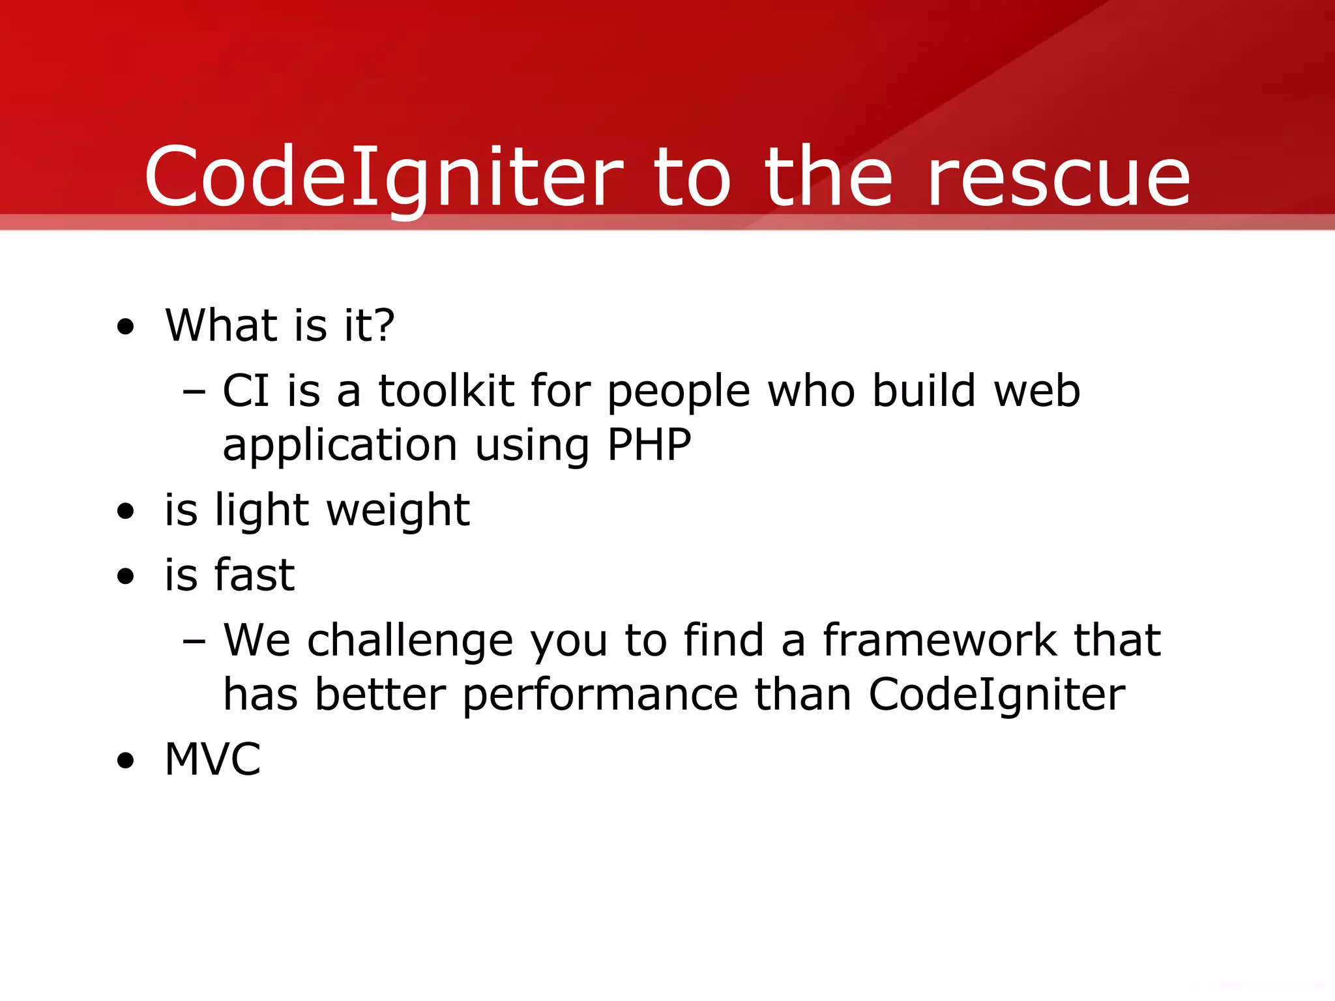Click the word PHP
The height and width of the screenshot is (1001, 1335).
(649, 445)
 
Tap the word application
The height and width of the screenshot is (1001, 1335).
(340, 446)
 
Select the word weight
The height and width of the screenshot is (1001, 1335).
(398, 510)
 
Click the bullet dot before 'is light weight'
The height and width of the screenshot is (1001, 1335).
(125, 511)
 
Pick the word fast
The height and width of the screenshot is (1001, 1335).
(255, 575)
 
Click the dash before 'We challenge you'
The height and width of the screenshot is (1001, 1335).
(194, 641)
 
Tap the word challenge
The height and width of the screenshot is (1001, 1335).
(410, 641)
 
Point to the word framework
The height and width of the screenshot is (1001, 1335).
(939, 640)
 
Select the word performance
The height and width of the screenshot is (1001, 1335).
(600, 695)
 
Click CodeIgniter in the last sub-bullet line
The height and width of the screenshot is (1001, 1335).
(997, 695)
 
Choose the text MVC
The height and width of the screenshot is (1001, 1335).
(213, 760)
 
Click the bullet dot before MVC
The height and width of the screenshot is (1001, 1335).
(125, 761)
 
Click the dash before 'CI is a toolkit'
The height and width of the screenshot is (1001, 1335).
(194, 392)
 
